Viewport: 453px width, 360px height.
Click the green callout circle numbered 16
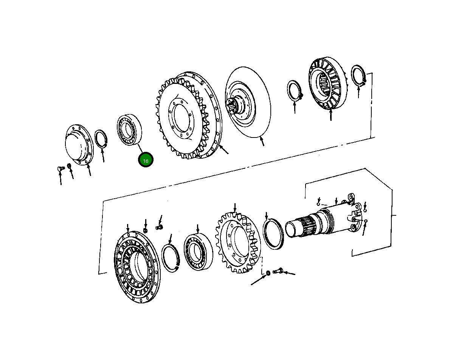[x=146, y=160]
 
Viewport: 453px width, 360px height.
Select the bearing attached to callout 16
[x=129, y=130]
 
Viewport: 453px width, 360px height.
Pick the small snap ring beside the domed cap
[x=101, y=138]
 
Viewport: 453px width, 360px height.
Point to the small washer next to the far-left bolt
[x=69, y=166]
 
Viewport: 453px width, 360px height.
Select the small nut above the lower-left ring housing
[x=146, y=231]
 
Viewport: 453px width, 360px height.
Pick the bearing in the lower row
[x=197, y=252]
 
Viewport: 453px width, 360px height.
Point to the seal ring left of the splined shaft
[x=273, y=235]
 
